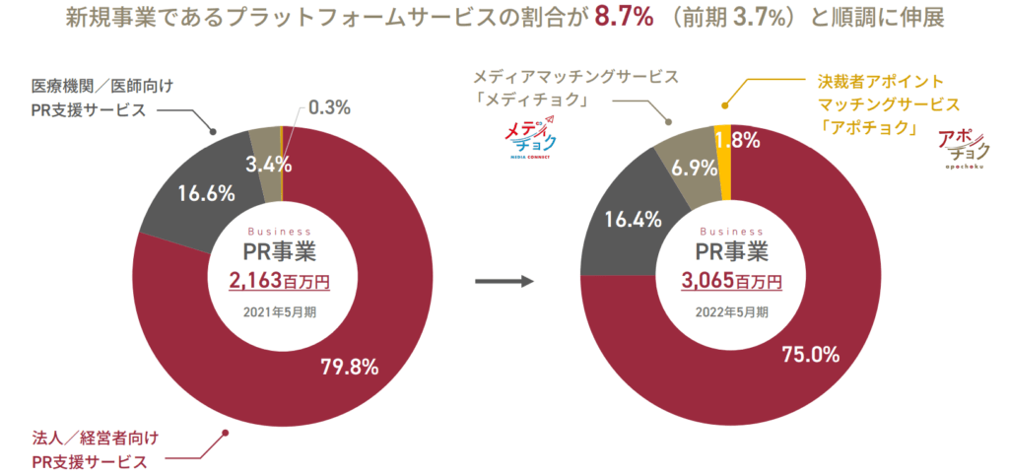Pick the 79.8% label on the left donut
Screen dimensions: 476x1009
[350, 368]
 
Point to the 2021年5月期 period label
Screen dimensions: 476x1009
[280, 313]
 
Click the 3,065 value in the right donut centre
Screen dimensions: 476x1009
[707, 281]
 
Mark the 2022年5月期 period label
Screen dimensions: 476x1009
[730, 313]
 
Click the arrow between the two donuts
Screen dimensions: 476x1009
[504, 283]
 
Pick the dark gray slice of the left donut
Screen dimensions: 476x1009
[192, 187]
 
